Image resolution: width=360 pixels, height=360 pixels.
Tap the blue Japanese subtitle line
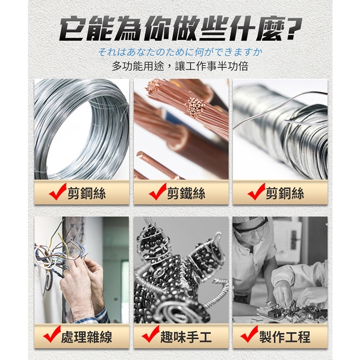click(x=180, y=53)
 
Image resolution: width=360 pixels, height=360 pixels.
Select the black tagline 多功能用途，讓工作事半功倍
click(x=180, y=66)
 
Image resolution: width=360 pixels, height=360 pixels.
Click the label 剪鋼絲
click(x=86, y=193)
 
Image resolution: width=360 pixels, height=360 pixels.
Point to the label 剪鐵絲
click(x=186, y=193)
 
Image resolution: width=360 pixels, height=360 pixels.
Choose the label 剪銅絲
click(x=285, y=193)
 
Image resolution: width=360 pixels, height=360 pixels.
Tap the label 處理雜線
click(x=86, y=337)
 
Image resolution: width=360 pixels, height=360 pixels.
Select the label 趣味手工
click(x=186, y=337)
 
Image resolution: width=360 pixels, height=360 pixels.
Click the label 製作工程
click(x=285, y=337)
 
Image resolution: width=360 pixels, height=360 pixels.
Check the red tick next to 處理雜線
click(x=52, y=334)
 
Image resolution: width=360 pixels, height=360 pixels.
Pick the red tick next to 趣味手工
click(x=151, y=334)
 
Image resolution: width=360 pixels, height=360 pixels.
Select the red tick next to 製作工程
click(x=249, y=334)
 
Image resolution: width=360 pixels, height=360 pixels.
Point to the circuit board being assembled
click(x=292, y=310)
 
